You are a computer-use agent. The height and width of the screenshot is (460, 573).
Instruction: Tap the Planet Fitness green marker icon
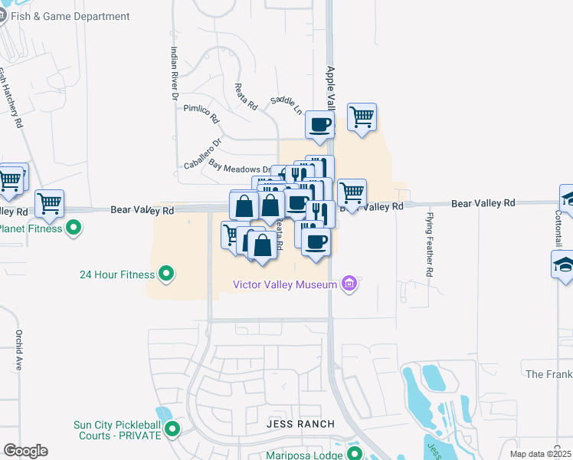(74, 228)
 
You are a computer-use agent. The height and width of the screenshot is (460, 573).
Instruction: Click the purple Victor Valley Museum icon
(349, 285)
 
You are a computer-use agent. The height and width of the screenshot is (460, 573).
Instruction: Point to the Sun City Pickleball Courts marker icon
(172, 429)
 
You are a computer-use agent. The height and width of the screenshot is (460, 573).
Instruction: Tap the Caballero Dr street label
(203, 153)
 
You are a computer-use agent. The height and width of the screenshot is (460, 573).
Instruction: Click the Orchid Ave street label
(18, 350)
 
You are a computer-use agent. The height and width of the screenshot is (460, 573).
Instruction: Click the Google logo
(25, 451)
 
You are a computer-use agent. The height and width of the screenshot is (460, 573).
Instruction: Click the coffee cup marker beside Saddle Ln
(319, 124)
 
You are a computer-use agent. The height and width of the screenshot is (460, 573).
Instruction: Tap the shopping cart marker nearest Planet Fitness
(49, 203)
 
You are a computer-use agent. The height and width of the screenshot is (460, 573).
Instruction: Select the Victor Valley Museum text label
(285, 285)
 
